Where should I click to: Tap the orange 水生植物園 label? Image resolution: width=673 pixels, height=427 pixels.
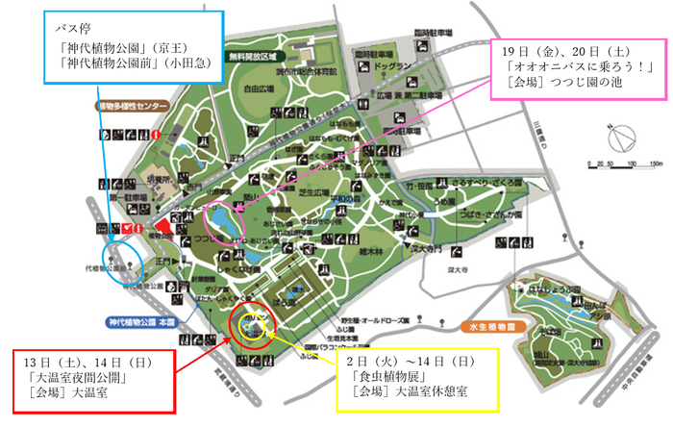[490, 326]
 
